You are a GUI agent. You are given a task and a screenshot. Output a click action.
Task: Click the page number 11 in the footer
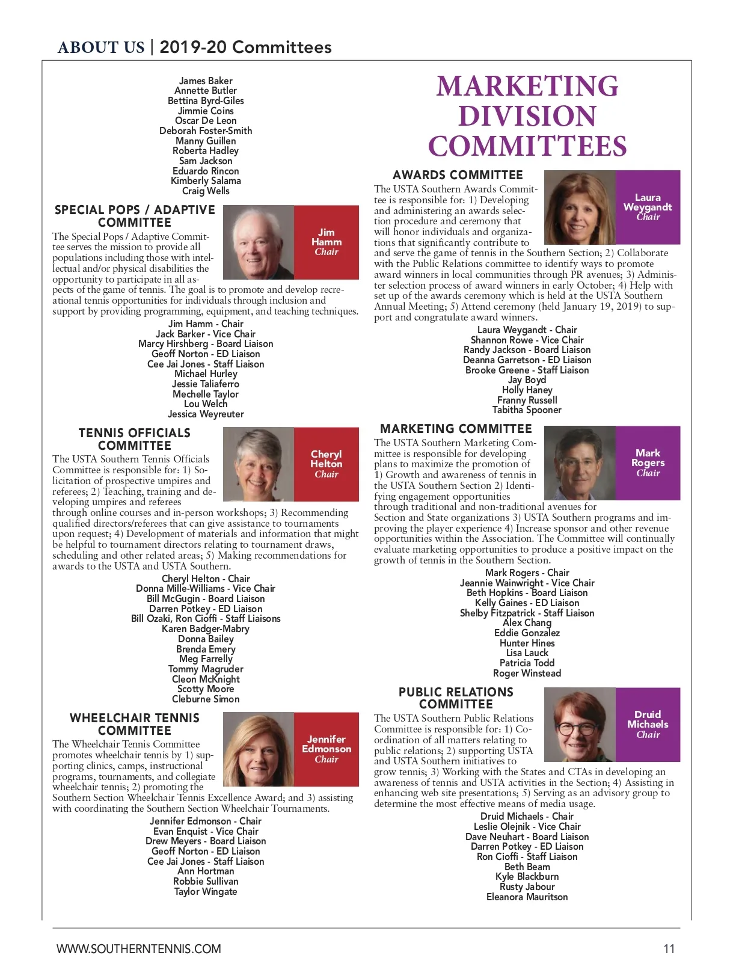pos(669,949)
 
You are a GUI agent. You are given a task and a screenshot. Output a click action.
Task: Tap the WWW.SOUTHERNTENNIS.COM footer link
pos(139,949)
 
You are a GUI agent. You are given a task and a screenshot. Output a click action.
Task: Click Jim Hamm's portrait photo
pos(259,242)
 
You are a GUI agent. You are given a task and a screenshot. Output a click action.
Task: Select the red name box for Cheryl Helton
pos(327,464)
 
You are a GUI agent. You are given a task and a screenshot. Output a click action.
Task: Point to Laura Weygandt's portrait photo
pos(580,207)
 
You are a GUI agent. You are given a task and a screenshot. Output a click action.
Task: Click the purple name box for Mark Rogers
pos(648,463)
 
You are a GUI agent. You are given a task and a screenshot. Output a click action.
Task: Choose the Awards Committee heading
pos(458,175)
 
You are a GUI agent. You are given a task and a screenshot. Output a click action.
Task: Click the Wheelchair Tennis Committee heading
pos(135,724)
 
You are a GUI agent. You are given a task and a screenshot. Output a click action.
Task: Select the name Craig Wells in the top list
pos(206,191)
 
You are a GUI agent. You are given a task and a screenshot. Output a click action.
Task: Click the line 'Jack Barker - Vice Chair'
pos(206,334)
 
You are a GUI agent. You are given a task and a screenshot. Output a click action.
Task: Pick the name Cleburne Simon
pos(206,699)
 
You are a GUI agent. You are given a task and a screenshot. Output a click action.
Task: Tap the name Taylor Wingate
pos(206,891)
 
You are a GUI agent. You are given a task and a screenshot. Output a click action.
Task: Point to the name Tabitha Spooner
pos(527,410)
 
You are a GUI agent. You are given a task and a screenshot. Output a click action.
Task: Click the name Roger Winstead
pos(527,673)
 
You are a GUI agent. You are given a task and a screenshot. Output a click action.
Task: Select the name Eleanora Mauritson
pos(527,897)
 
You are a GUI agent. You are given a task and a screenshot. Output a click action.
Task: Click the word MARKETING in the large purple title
pos(527,87)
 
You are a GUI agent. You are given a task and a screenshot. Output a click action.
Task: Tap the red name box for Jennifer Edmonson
pos(327,749)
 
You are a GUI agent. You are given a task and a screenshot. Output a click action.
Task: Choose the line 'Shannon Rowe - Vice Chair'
pos(527,340)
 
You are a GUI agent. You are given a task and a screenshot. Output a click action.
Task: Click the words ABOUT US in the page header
pos(101,48)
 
